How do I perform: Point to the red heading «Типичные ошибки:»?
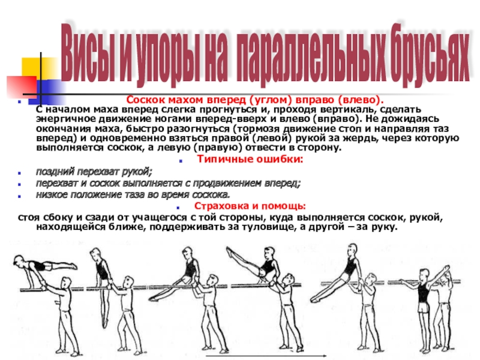click(x=250, y=159)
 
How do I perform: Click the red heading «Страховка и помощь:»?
click(x=250, y=206)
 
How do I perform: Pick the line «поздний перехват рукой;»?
click(x=94, y=172)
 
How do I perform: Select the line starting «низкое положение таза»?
click(x=133, y=194)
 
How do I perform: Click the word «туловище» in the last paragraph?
click(x=266, y=227)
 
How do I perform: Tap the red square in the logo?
click(x=22, y=87)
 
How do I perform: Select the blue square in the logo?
click(x=50, y=92)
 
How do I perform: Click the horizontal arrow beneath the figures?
click(x=266, y=356)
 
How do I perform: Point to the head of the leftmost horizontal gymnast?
click(x=19, y=260)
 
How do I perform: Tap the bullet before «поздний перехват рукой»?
click(x=20, y=173)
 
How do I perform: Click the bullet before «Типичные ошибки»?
click(x=181, y=160)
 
